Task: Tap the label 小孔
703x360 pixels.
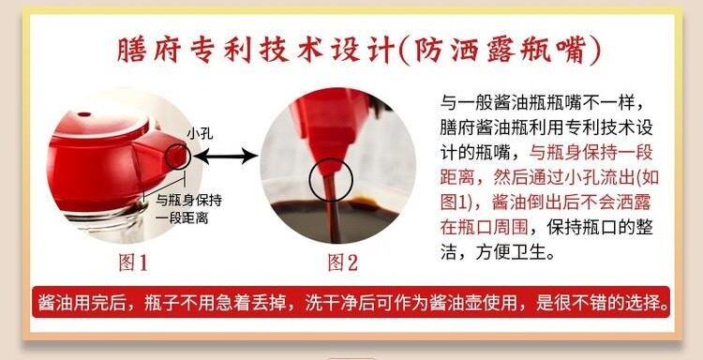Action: point(200,134)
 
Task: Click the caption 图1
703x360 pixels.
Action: point(134,262)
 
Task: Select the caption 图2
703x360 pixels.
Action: point(343,262)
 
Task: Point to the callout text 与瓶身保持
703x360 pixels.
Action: point(188,200)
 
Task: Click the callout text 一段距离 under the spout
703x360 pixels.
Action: point(182,218)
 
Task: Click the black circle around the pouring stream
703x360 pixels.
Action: point(331,180)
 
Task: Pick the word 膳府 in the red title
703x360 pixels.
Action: point(148,51)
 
